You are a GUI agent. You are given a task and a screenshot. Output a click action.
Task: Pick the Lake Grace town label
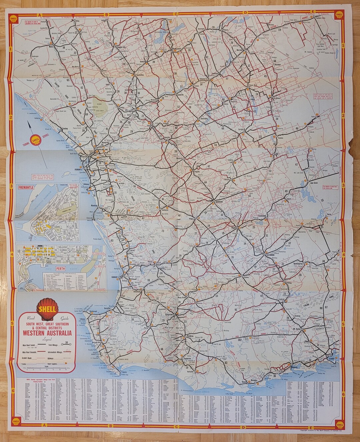(x=314, y=183)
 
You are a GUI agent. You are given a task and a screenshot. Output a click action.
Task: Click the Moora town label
(x=51, y=47)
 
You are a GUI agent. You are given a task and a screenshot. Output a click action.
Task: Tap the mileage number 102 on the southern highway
(x=239, y=340)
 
